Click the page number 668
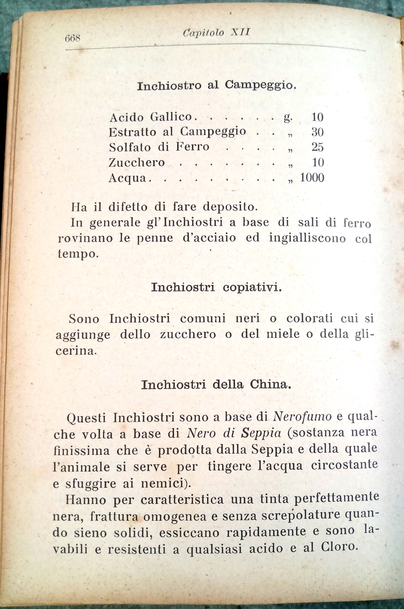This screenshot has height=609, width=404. tap(73, 39)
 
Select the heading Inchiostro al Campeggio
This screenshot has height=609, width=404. tap(216, 85)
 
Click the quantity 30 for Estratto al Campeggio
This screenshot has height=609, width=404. tap(317, 132)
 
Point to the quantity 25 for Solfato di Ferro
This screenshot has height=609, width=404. tap(317, 147)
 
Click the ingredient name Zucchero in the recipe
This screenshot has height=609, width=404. tap(137, 162)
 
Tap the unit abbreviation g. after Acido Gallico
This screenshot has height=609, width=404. tap(288, 118)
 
